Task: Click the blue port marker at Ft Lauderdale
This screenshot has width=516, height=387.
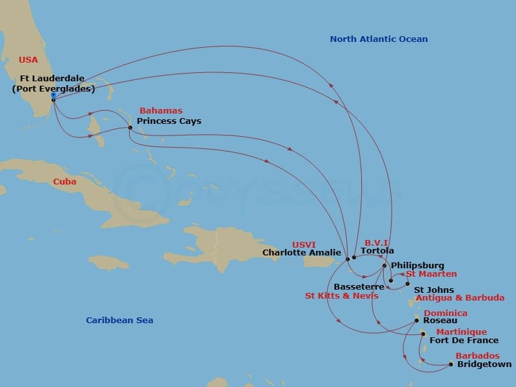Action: [53, 96]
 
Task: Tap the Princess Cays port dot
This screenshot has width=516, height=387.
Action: [130, 127]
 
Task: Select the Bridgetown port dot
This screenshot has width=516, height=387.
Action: [451, 364]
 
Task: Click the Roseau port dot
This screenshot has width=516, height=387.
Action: [417, 320]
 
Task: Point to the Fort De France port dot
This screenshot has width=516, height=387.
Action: [423, 334]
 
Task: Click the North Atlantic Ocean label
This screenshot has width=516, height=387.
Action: [379, 39]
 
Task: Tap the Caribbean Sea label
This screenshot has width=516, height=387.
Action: [119, 320]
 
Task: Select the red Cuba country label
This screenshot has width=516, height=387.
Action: [64, 182]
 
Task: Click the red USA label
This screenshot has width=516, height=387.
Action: [28, 60]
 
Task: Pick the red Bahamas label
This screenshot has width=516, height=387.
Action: [161, 111]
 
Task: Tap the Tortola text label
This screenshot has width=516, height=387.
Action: [377, 251]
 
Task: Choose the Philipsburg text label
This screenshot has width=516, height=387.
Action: [417, 265]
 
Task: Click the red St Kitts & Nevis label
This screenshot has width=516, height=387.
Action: [342, 296]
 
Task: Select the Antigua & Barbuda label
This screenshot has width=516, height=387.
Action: [460, 298]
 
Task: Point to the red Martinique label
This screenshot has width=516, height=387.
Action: [461, 332]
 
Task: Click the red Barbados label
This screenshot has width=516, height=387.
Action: [477, 355]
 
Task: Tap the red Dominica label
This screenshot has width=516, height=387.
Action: [446, 313]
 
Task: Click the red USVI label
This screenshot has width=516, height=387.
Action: [304, 244]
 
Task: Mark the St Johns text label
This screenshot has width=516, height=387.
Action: [433, 290]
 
